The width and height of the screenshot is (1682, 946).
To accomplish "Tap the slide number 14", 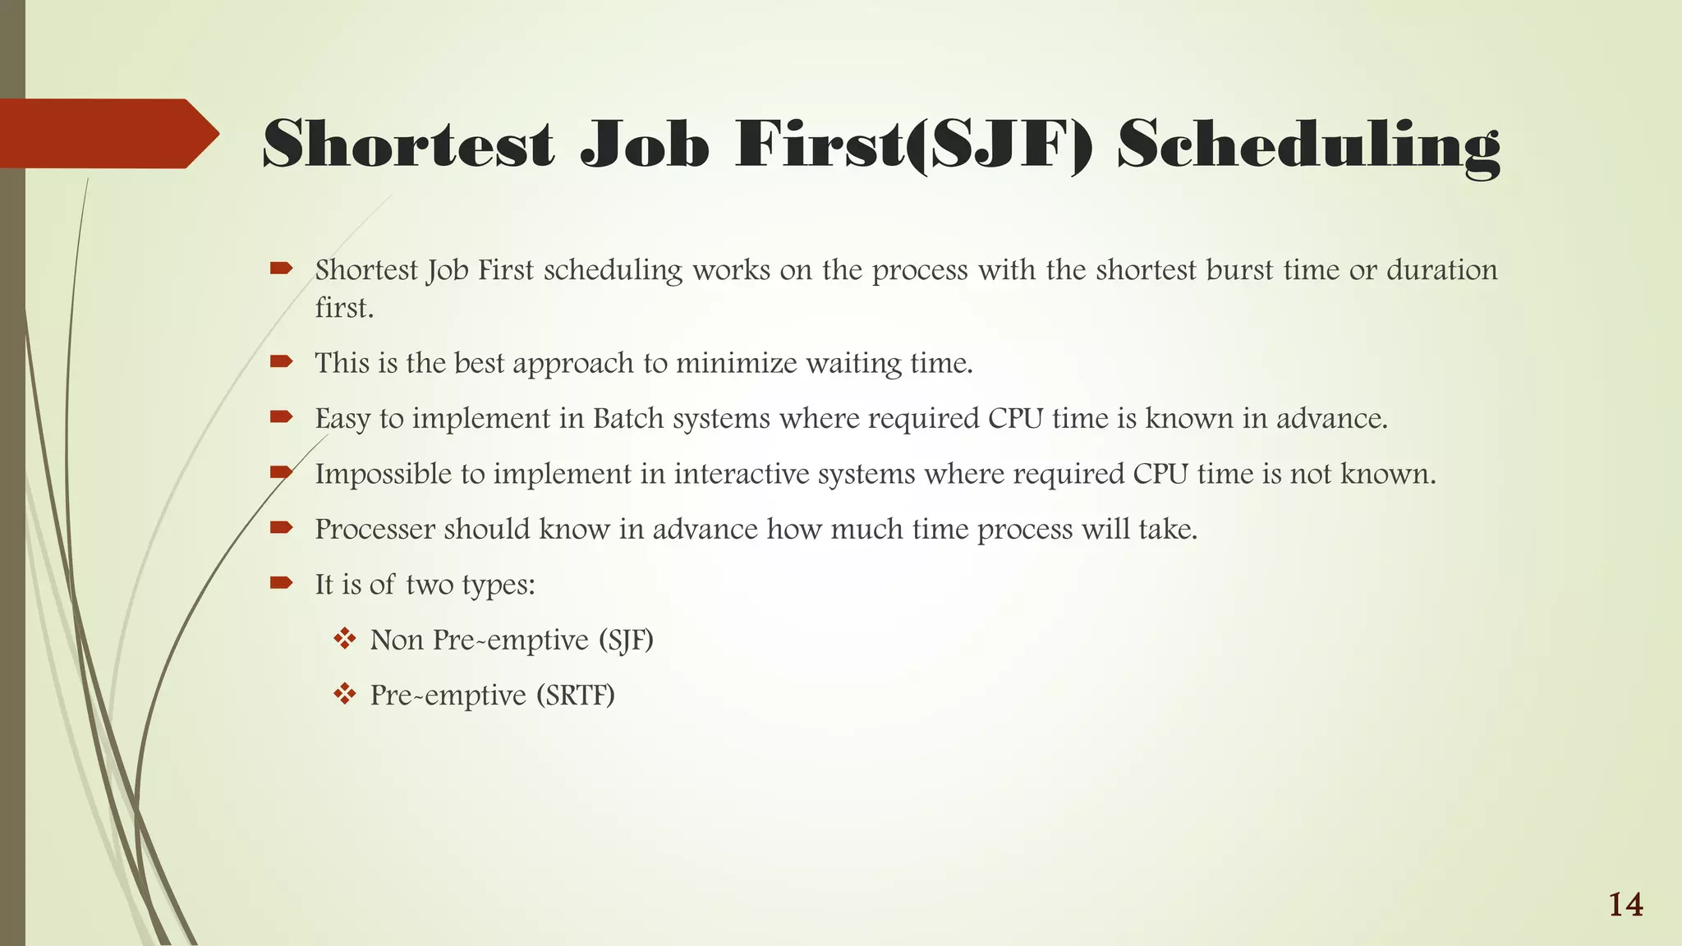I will click(1625, 905).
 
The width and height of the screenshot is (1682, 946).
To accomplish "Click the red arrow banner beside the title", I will click(107, 134).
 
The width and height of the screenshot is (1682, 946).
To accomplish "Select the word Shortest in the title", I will click(408, 145).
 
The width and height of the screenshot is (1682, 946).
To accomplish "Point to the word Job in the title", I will click(644, 145).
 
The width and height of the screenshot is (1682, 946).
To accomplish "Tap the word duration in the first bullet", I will click(1442, 270).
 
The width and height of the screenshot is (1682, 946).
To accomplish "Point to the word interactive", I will click(742, 474).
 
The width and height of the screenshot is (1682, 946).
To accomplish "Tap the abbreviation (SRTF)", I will click(576, 696).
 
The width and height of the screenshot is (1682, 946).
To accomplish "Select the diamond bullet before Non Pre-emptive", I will click(345, 639).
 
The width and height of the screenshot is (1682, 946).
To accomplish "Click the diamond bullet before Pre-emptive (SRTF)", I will click(345, 695).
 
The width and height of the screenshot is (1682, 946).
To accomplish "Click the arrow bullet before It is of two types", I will click(281, 584).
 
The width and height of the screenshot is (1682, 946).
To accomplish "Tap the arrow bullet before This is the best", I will click(281, 362).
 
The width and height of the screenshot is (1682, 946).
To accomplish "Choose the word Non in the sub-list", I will click(397, 640).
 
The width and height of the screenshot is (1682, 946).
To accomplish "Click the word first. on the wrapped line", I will click(344, 308).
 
